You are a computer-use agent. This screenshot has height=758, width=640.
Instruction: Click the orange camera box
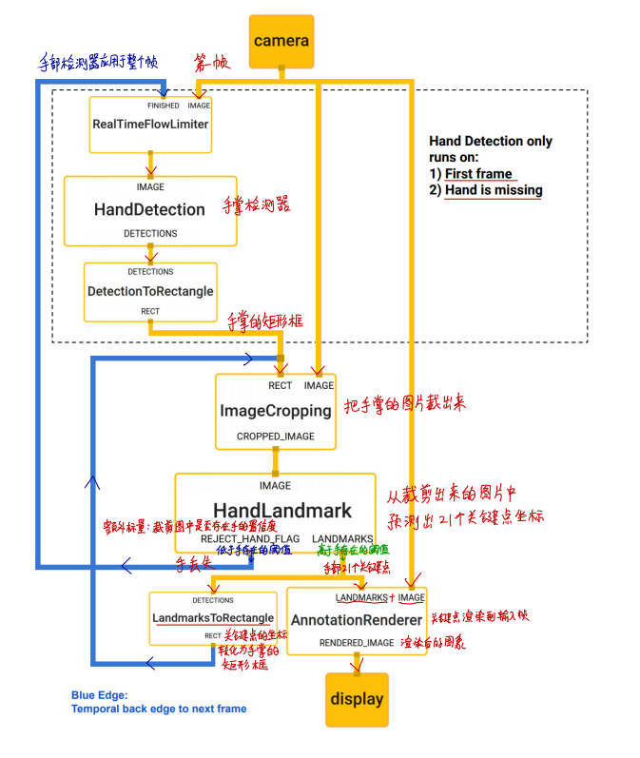[281, 41]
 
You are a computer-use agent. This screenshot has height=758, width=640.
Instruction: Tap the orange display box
[357, 699]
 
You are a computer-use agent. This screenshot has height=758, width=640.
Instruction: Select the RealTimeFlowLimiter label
[150, 125]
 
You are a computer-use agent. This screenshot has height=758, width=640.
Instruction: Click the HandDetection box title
[149, 209]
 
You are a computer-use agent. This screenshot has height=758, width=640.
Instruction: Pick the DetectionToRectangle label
[150, 291]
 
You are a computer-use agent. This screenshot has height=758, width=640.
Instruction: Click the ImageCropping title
[276, 411]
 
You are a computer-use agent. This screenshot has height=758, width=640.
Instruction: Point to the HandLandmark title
[282, 511]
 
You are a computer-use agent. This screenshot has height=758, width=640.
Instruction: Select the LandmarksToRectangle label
[213, 618]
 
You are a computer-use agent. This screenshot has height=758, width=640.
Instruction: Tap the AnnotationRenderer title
[355, 620]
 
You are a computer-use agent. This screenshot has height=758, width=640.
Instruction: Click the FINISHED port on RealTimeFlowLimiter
[163, 106]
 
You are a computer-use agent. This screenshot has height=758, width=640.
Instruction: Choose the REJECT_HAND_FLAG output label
[250, 539]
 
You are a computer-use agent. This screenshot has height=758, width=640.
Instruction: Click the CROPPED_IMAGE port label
[276, 437]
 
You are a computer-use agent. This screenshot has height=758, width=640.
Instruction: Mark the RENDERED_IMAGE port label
[356, 644]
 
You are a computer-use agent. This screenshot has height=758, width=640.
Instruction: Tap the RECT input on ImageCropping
[281, 385]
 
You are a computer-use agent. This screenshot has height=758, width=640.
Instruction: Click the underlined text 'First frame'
[478, 174]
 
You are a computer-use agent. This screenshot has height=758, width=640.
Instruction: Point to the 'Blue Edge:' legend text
[99, 695]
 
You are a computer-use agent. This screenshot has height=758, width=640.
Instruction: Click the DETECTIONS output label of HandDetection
[150, 233]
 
